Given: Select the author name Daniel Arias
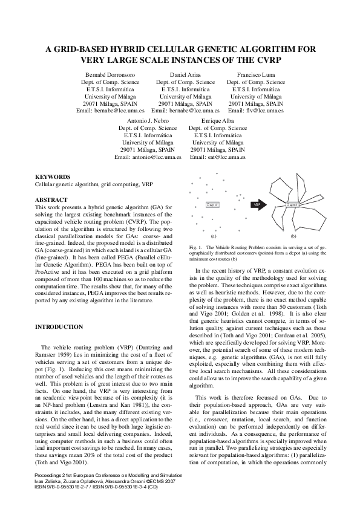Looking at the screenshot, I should click(185, 74).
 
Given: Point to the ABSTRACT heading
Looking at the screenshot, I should click(51, 199).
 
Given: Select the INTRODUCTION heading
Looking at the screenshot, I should click(59, 327).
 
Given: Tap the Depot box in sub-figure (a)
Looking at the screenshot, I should click(212, 205).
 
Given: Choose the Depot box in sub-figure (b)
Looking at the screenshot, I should click(292, 205).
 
